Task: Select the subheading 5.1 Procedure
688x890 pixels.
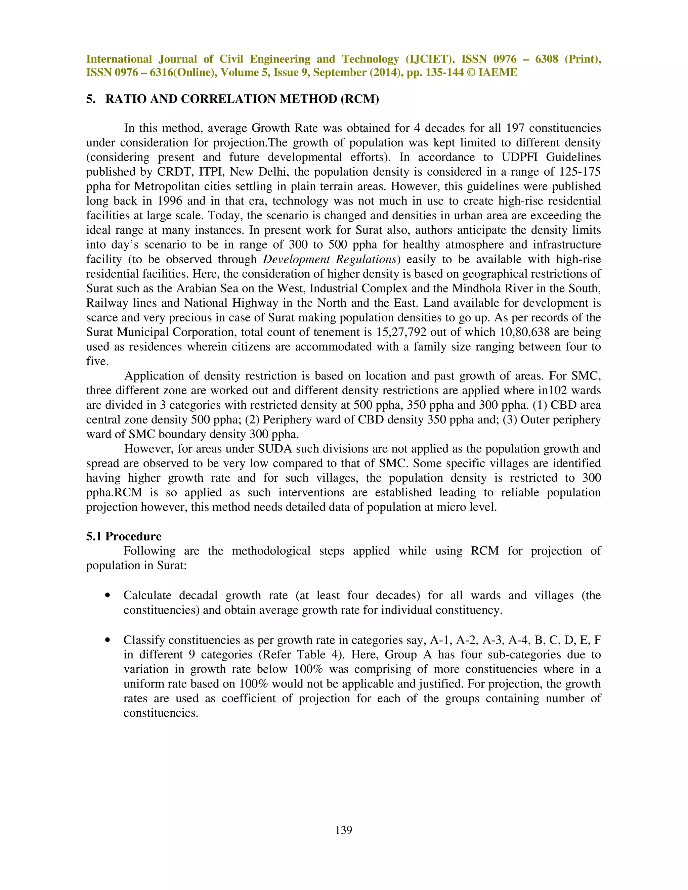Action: (124, 536)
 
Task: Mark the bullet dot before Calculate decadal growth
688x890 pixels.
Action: (107, 595)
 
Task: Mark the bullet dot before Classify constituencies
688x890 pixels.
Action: (107, 640)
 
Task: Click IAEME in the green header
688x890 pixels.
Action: (498, 73)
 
